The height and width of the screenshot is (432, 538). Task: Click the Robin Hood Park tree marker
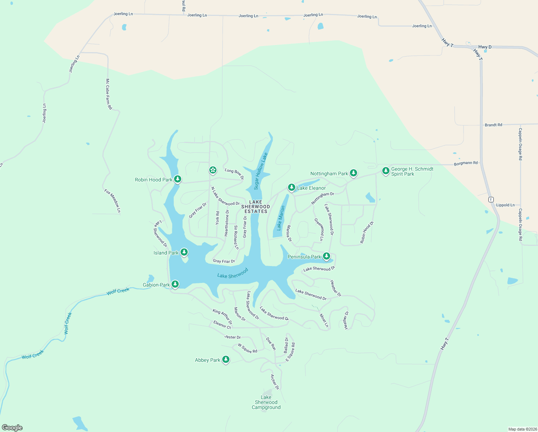pyautogui.click(x=177, y=179)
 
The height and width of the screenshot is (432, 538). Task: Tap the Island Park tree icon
pyautogui.click(x=184, y=252)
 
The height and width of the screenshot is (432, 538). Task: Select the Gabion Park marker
pyautogui.click(x=175, y=284)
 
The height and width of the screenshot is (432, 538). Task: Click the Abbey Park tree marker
pyautogui.click(x=226, y=359)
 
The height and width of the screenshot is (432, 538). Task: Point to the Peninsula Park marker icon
pyautogui.click(x=327, y=256)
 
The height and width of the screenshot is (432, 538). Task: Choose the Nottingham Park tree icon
pyautogui.click(x=354, y=173)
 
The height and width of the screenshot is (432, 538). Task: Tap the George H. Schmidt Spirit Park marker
pyautogui.click(x=386, y=171)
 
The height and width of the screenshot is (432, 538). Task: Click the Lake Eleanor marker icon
pyautogui.click(x=292, y=187)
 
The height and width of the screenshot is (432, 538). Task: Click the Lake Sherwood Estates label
pyautogui.click(x=256, y=207)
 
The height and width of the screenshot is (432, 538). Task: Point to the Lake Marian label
pyautogui.click(x=281, y=218)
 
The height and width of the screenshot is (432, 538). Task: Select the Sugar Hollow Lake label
pyautogui.click(x=261, y=171)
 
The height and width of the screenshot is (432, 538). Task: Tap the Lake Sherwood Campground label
pyautogui.click(x=266, y=402)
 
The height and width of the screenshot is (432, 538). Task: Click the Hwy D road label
pyautogui.click(x=485, y=47)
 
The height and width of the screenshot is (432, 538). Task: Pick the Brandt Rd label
pyautogui.click(x=493, y=125)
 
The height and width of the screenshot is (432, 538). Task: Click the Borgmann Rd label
pyautogui.click(x=466, y=163)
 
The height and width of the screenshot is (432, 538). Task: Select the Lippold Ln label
pyautogui.click(x=505, y=205)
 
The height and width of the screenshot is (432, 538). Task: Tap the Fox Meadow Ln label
pyautogui.click(x=113, y=201)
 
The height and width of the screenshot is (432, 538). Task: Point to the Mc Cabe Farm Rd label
pyautogui.click(x=109, y=94)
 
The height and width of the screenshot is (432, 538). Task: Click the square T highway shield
pyautogui.click(x=491, y=199)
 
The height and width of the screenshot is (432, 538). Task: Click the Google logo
pyautogui.click(x=12, y=428)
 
